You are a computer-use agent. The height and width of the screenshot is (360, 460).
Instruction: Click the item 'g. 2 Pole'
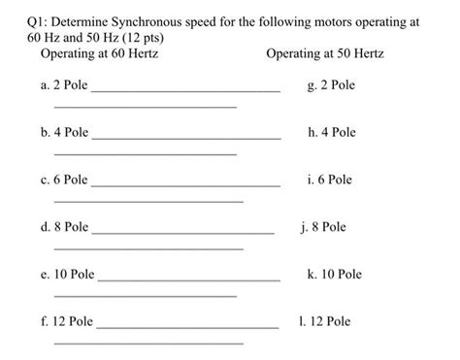pyautogui.click(x=330, y=85)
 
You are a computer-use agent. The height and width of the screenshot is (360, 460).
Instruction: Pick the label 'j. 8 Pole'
pyautogui.click(x=323, y=227)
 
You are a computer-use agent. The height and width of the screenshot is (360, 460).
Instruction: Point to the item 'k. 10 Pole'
pyautogui.click(x=334, y=275)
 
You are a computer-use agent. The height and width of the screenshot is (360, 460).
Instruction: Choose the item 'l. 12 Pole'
pyautogui.click(x=325, y=321)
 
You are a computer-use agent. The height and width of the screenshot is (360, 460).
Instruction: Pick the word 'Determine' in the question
pyautogui.click(x=86, y=19)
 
